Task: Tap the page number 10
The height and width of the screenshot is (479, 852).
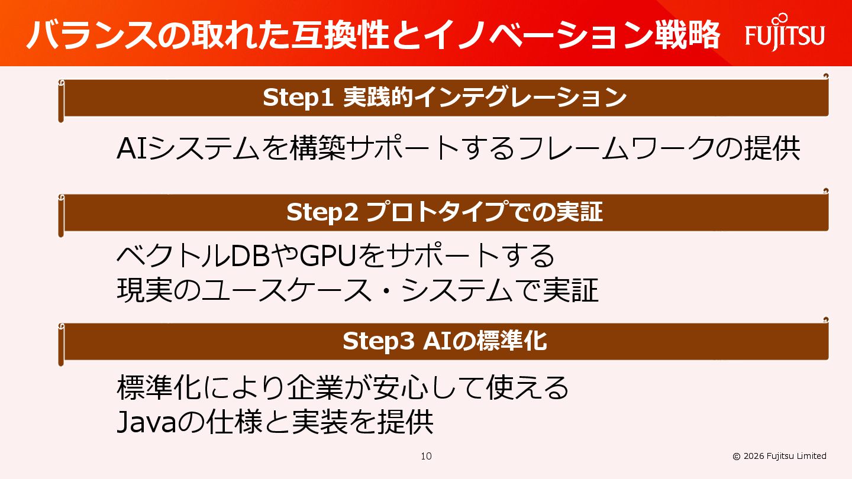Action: pos(426,456)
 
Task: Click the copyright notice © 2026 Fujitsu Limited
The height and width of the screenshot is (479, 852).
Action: pos(779,456)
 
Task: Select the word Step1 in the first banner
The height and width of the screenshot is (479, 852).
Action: pos(299,98)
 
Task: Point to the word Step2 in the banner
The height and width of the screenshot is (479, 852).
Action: pos(322,212)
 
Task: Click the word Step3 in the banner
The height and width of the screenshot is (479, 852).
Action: pos(378,341)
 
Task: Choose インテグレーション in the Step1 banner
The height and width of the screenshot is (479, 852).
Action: pos(521,98)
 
